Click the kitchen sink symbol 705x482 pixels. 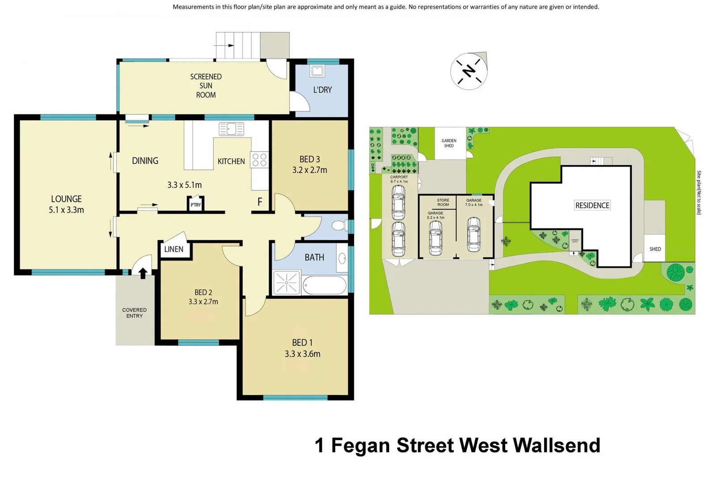[231, 129]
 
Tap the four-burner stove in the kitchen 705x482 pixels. [260, 160]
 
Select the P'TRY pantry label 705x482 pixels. [196, 205]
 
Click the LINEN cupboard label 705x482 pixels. [174, 249]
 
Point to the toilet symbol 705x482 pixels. [340, 225]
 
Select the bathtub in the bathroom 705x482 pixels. [324, 285]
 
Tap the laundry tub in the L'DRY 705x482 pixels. [318, 71]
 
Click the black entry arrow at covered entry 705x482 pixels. [143, 273]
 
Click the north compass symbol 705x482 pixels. [469, 71]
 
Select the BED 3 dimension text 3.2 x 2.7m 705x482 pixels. [310, 170]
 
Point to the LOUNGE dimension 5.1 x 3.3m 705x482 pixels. [66, 210]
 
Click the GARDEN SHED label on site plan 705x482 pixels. [449, 143]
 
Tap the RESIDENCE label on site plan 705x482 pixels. [592, 205]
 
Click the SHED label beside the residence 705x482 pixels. [655, 249]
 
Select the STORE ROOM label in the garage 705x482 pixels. [443, 203]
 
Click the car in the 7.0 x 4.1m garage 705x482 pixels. [474, 234]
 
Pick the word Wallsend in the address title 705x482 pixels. [556, 445]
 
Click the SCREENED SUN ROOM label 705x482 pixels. [206, 86]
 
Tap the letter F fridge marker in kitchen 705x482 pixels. [260, 202]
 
